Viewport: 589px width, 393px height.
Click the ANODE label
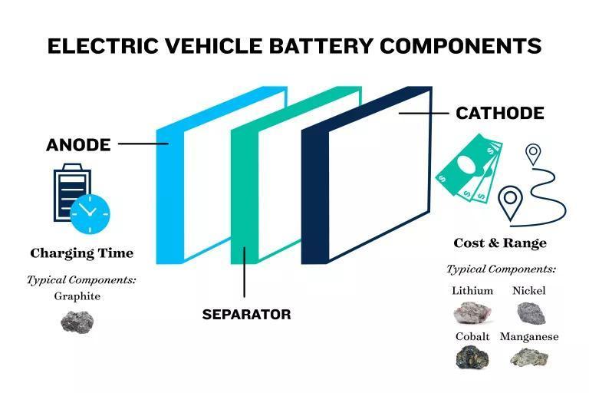click(x=78, y=145)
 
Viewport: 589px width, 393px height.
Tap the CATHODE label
click(x=500, y=113)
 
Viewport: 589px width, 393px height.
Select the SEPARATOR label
click(x=246, y=315)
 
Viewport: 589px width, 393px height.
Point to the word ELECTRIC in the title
click(x=103, y=46)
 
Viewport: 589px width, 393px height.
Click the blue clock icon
click(x=90, y=214)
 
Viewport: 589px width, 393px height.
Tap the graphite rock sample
click(x=77, y=322)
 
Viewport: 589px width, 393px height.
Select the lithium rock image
click(x=472, y=313)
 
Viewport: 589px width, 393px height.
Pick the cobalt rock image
click(x=472, y=357)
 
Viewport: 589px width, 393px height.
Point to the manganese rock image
click(x=529, y=357)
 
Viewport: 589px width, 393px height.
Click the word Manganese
click(x=529, y=337)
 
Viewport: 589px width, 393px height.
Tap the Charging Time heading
click(x=82, y=253)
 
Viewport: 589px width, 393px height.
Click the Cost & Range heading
click(x=500, y=243)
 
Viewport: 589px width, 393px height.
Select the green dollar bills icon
click(x=469, y=169)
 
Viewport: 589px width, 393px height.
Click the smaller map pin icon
click(x=533, y=154)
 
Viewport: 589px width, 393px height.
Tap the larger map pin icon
click(x=510, y=203)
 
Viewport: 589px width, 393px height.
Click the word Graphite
click(x=77, y=296)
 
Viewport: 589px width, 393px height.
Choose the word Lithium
click(x=472, y=291)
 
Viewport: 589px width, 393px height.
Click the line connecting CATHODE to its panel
click(x=424, y=113)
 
